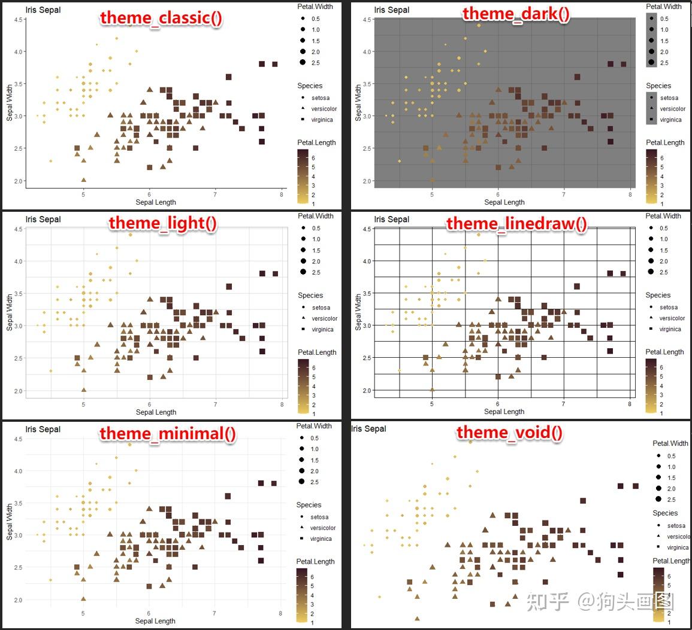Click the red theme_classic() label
[161, 17]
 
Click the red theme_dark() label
[516, 14]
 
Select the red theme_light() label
[162, 224]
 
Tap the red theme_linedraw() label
[516, 224]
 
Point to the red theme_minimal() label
[168, 433]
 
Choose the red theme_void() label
[509, 433]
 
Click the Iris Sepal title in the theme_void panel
[368, 428]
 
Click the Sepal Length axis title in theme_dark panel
[504, 202]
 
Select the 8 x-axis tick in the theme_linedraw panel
[630, 404]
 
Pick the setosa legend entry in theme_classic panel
[321, 98]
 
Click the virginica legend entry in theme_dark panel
[670, 120]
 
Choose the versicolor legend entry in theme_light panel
[325, 318]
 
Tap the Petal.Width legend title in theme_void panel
[670, 443]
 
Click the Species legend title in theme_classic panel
[309, 86]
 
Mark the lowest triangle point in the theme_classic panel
[83, 179]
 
